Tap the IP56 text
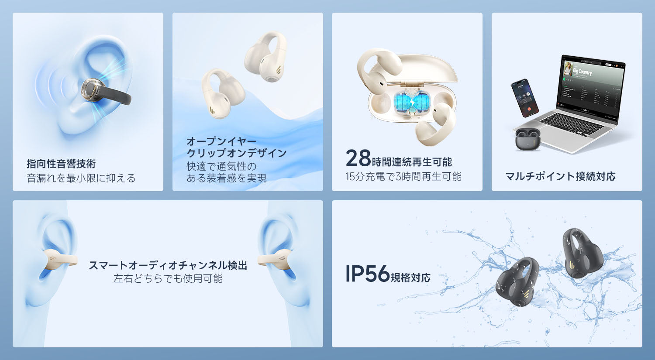click(368, 274)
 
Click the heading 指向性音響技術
click(61, 164)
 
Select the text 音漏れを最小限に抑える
click(81, 178)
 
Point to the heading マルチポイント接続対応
click(560, 176)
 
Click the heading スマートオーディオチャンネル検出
click(168, 265)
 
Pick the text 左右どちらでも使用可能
click(168, 278)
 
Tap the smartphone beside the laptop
click(524, 98)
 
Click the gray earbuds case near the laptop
click(527, 139)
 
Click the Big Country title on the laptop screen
click(583, 71)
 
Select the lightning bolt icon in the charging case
click(412, 102)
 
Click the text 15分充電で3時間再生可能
click(403, 176)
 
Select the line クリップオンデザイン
click(237, 153)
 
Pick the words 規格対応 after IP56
click(410, 277)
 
